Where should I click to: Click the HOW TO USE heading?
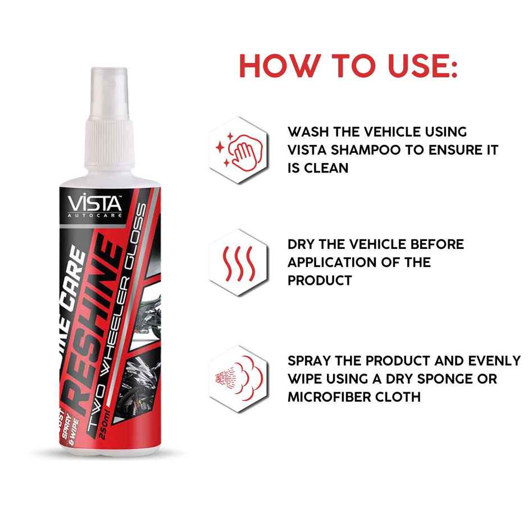[x=348, y=66]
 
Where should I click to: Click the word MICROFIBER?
[x=336, y=397]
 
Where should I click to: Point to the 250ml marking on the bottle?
[x=105, y=430]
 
